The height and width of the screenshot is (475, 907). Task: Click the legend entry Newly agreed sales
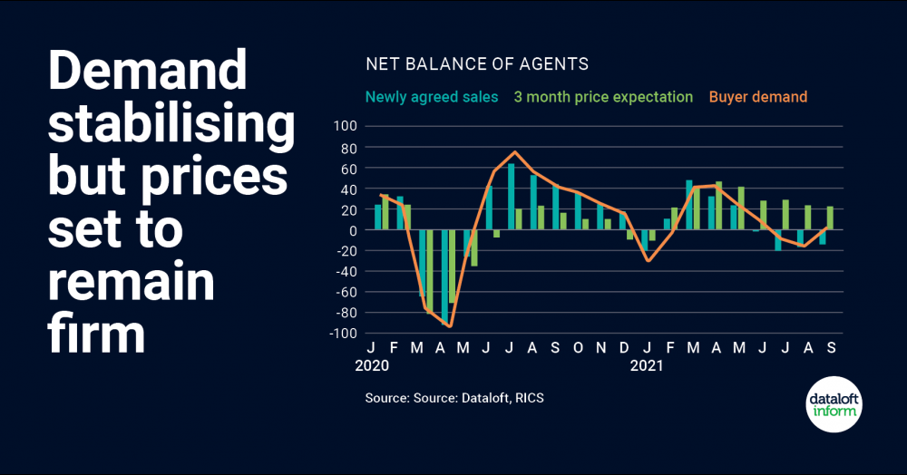pyautogui.click(x=431, y=97)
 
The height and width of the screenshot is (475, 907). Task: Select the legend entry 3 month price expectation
pyautogui.click(x=603, y=97)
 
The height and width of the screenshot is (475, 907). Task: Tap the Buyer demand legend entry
pyautogui.click(x=758, y=97)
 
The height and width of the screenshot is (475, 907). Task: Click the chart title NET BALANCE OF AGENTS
pyautogui.click(x=477, y=64)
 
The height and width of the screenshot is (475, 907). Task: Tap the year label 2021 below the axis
pyautogui.click(x=647, y=367)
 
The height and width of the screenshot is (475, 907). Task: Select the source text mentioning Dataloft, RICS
pyautogui.click(x=454, y=398)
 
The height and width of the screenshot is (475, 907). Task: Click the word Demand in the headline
pyautogui.click(x=147, y=70)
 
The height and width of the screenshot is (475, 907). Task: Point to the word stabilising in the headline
pyautogui.click(x=171, y=124)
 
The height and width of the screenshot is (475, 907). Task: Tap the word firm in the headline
pyautogui.click(x=96, y=333)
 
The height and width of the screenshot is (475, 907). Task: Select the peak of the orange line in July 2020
pyautogui.click(x=515, y=152)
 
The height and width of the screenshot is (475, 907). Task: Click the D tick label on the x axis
pyautogui.click(x=624, y=348)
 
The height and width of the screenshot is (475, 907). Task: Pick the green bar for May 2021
pyautogui.click(x=741, y=208)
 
